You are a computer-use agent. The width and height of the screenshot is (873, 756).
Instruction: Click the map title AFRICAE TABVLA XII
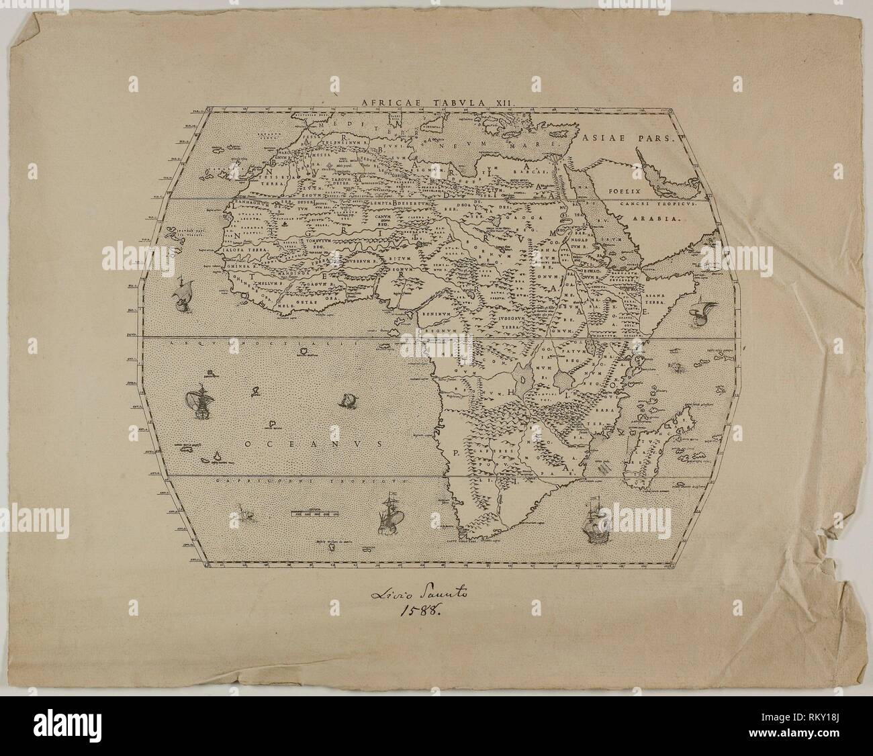437,101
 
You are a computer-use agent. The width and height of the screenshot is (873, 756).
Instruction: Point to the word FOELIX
621,191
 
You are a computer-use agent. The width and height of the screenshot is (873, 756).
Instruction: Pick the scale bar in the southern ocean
315,514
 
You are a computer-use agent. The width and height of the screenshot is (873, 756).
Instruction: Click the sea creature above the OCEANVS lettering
349,401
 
